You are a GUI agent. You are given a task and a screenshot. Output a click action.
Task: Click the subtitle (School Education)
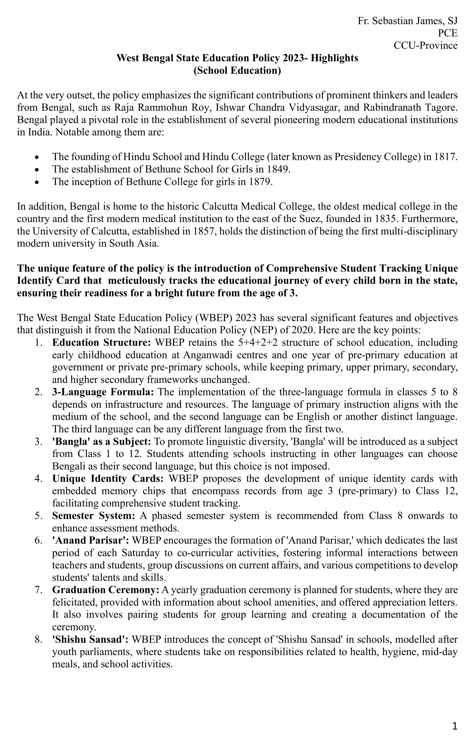point(237,70)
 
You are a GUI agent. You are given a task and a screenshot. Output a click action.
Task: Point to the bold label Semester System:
point(94,516)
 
